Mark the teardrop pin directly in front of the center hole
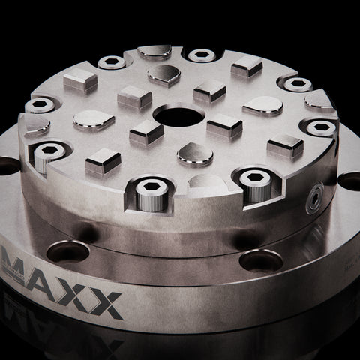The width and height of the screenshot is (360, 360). point(194,154)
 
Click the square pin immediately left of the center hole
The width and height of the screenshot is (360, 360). point(145,133)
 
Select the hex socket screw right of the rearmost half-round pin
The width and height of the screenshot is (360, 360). point(202,55)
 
